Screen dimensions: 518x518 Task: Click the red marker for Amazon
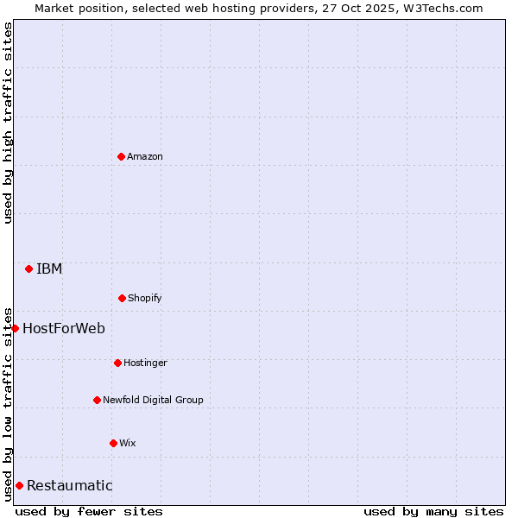pos(121,156)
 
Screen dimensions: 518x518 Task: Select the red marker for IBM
pos(28,268)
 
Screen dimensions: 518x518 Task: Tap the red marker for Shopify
pos(122,298)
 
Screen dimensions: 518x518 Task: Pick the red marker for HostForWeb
pos(15,328)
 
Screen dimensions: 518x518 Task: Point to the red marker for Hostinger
pos(117,363)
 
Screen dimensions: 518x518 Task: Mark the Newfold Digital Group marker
pos(97,400)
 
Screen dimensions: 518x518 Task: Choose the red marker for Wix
pos(113,443)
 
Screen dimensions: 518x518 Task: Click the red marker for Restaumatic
pos(19,485)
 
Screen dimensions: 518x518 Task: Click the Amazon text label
pos(145,156)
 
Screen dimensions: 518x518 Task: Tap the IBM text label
pos(49,268)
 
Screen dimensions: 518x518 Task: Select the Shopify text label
pos(145,298)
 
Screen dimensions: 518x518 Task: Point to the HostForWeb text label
pos(64,328)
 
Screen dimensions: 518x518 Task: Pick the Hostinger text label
pos(145,363)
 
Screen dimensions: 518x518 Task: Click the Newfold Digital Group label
pos(153,400)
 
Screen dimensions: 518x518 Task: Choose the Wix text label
pos(128,443)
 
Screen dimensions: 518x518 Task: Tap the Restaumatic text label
pos(69,485)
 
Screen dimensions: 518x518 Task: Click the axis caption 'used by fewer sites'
pos(89,511)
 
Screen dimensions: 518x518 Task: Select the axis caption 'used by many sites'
pos(433,511)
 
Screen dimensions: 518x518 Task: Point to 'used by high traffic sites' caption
pos(8,123)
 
